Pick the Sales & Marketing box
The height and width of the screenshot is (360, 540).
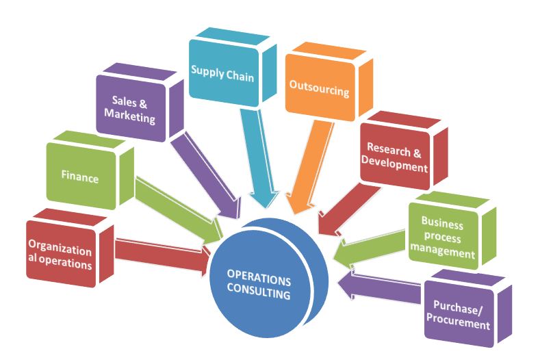tap(130, 110)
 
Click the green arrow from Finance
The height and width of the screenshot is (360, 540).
tap(175, 208)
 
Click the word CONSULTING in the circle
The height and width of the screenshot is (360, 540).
tap(259, 295)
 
